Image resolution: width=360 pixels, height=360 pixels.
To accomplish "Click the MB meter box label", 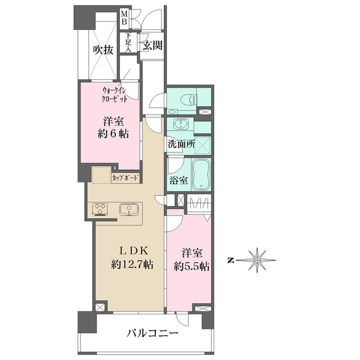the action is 124,18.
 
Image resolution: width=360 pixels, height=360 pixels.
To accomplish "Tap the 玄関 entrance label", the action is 152,45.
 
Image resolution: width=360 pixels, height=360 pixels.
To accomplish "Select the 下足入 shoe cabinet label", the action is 128,43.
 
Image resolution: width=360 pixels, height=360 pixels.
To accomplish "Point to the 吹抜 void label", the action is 103,50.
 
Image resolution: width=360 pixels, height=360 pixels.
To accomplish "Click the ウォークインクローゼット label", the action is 115,95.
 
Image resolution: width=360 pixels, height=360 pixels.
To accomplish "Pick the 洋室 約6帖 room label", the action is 113,128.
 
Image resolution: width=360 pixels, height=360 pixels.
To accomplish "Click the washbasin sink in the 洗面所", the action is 181,124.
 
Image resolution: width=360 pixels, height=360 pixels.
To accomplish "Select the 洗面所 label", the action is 181,144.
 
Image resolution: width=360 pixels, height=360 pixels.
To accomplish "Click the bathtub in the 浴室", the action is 202,174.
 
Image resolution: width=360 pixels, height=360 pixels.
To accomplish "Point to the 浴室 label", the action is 179,180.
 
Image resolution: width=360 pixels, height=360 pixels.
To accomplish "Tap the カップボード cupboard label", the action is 126,178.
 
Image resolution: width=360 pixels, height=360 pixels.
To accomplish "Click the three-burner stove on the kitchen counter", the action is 100,210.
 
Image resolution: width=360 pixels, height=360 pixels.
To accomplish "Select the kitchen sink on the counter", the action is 128,209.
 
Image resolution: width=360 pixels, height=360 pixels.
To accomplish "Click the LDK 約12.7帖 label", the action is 133,257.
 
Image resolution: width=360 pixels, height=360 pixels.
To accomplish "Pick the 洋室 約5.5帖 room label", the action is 191,260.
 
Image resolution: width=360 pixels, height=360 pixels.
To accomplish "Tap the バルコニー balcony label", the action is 152,333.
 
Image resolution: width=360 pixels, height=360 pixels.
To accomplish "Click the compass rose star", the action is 257,260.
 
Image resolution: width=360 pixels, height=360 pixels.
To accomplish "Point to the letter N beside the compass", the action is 230,260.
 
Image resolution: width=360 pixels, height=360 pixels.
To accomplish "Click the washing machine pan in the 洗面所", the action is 203,145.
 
